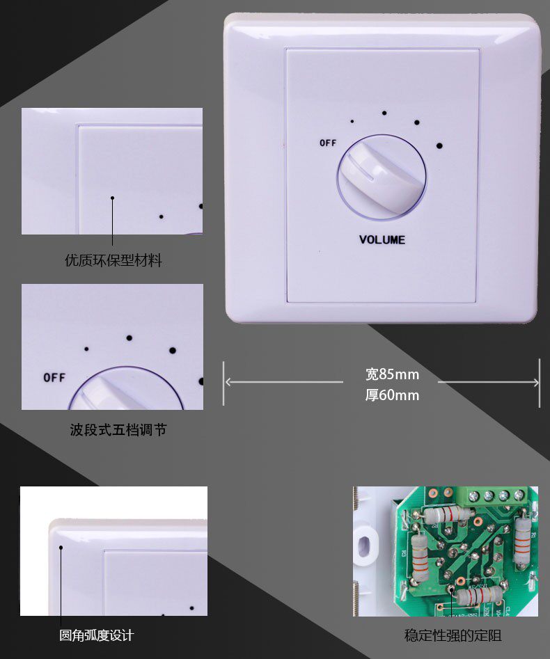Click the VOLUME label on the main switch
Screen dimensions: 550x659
click(382, 240)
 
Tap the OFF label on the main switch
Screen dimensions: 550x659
click(328, 143)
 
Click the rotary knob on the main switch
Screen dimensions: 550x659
click(381, 177)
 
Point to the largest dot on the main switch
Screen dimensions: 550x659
click(439, 146)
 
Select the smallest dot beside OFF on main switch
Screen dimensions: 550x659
click(352, 122)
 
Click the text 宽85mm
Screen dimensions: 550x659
click(392, 375)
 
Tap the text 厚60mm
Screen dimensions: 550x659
click(392, 395)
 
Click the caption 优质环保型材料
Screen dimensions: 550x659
click(113, 261)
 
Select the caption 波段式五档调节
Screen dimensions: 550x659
click(118, 429)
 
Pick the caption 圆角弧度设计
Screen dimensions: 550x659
click(96, 635)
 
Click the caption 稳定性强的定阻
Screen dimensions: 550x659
click(453, 635)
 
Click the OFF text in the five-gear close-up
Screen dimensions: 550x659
click(54, 378)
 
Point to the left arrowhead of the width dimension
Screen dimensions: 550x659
click(226, 381)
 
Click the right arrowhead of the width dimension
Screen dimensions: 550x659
click(536, 382)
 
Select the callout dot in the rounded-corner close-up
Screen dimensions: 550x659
click(61, 548)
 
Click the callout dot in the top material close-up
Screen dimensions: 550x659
click(112, 198)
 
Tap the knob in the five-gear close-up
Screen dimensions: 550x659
click(125, 390)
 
